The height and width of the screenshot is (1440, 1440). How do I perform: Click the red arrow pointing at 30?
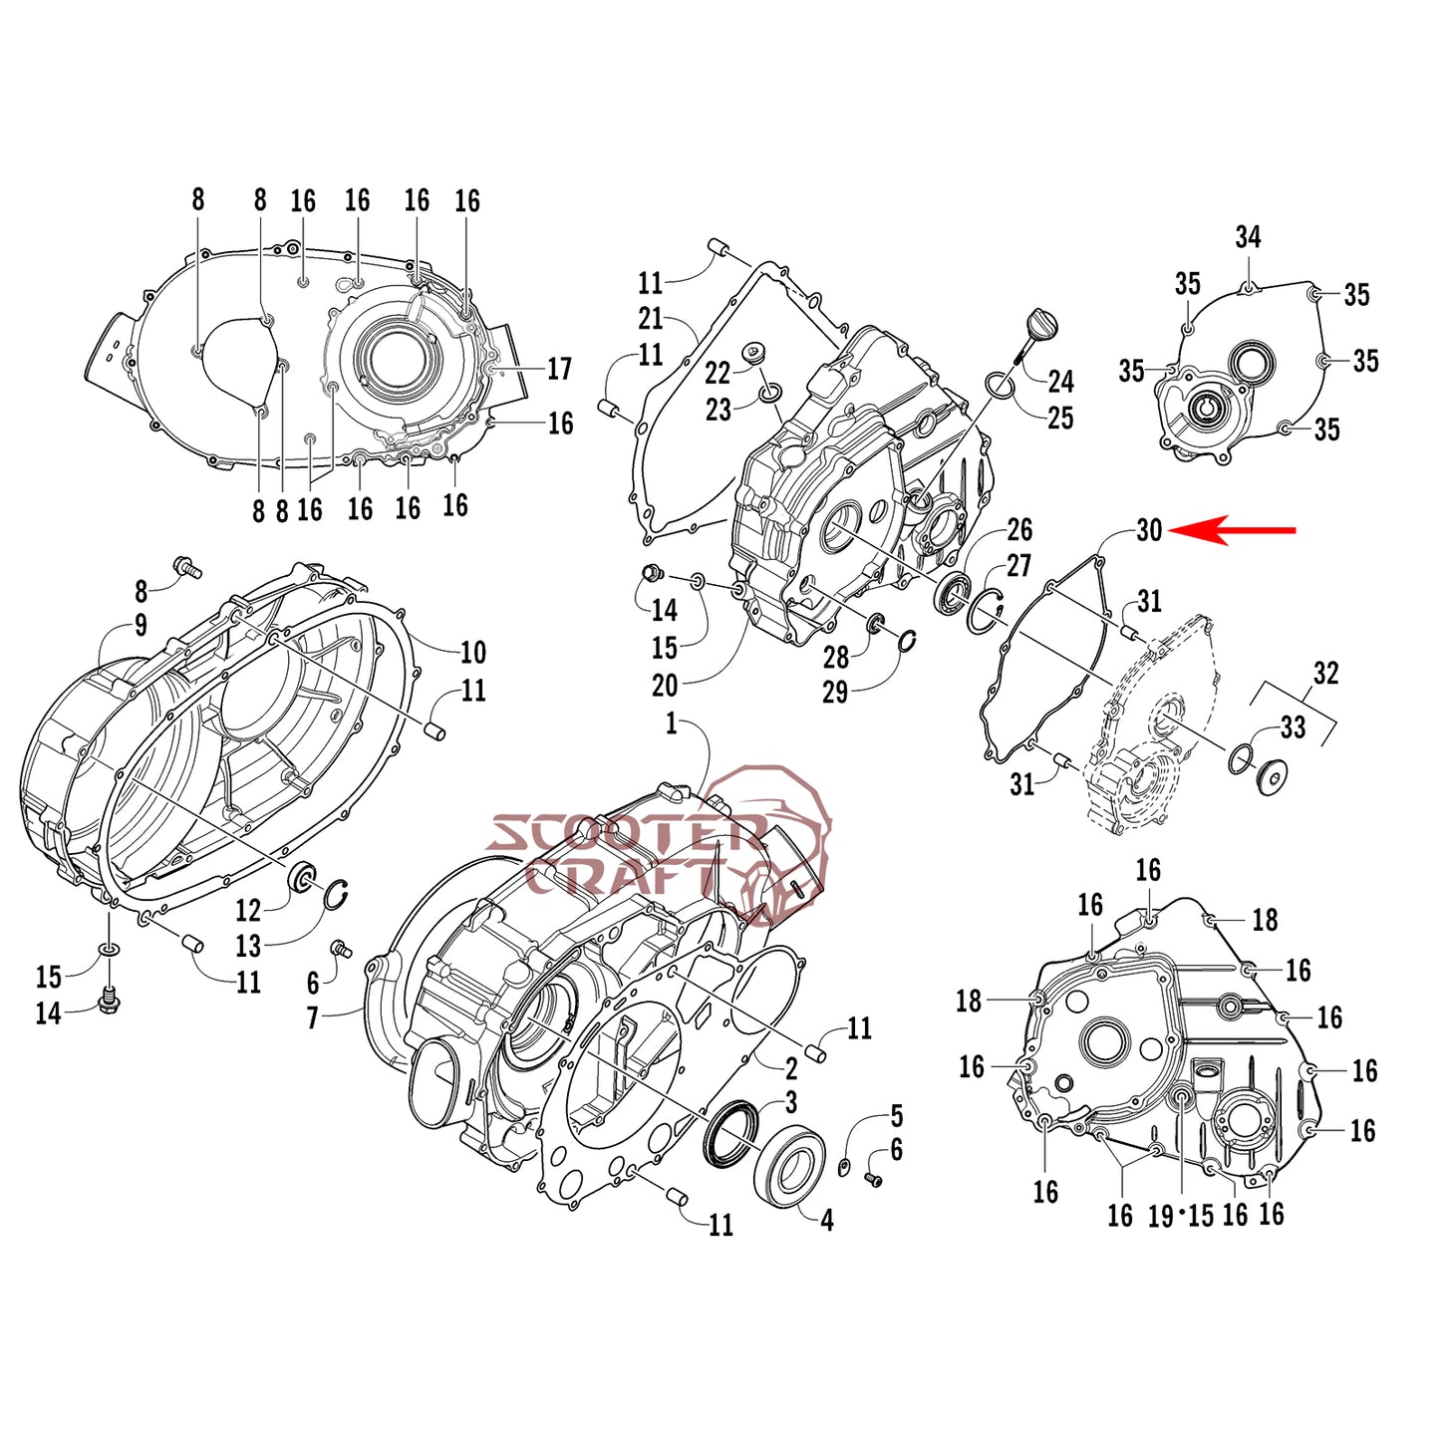tap(1232, 530)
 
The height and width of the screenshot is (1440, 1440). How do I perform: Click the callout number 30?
tap(1149, 530)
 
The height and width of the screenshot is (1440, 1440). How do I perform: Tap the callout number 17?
tap(559, 369)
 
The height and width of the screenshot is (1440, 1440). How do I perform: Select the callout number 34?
tap(1248, 237)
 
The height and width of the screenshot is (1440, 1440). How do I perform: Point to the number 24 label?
tap(1060, 381)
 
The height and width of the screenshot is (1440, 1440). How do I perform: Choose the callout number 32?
tap(1326, 674)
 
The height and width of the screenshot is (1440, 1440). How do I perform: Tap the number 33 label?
tap(1293, 726)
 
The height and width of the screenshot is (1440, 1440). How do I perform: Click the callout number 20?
tap(665, 686)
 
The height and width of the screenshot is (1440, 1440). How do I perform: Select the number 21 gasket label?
tap(650, 319)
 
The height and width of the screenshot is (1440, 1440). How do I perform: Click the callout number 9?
tap(141, 625)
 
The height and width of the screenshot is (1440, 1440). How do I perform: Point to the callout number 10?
tap(473, 653)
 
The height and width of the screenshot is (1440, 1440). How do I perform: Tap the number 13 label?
tap(248, 946)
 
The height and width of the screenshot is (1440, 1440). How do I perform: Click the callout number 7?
tap(313, 1017)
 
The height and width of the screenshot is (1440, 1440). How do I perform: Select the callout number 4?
tap(826, 1221)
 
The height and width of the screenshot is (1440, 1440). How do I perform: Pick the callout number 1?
tap(671, 723)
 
